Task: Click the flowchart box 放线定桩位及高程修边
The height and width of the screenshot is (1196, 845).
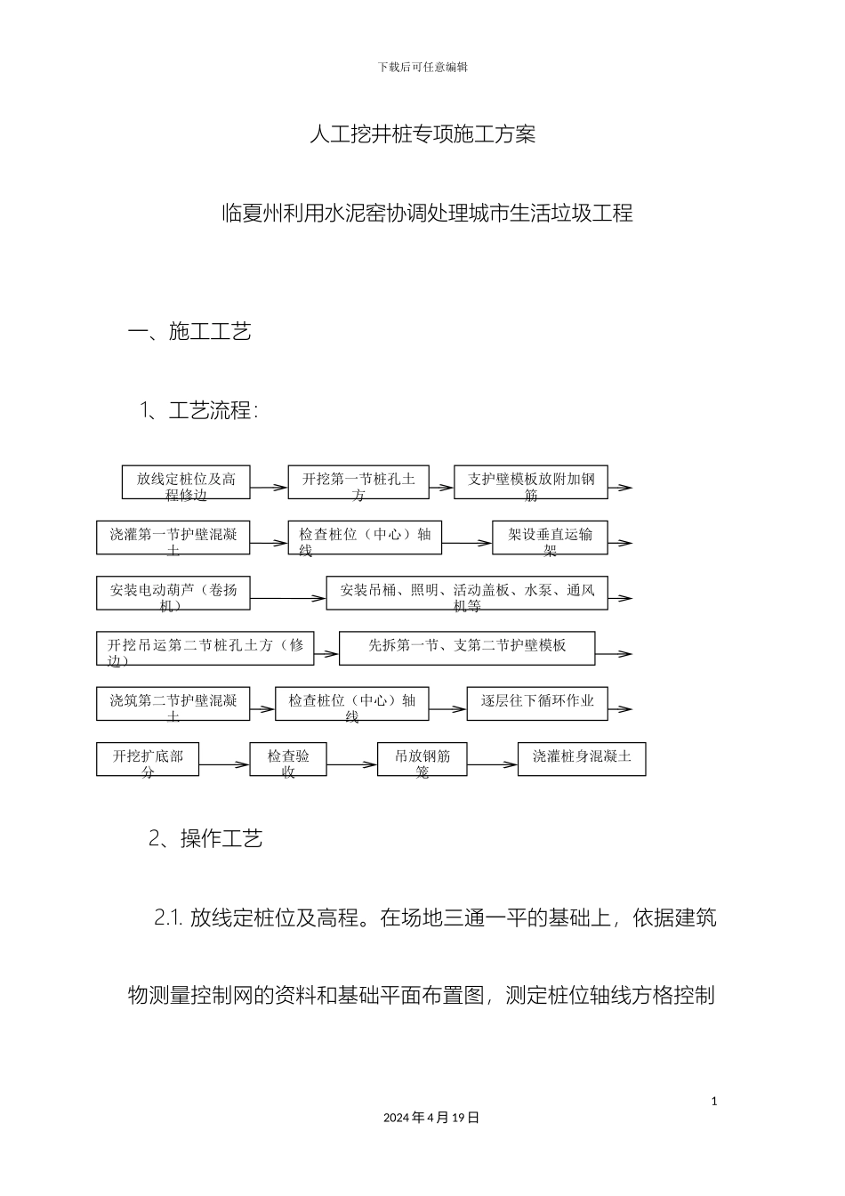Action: pos(186,482)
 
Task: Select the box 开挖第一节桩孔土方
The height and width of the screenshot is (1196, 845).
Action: pos(358,482)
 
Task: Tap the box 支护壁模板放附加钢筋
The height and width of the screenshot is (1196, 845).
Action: pos(531,482)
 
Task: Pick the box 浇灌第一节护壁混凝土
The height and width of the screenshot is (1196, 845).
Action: pos(173,537)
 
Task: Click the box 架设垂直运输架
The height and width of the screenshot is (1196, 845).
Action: pos(550,537)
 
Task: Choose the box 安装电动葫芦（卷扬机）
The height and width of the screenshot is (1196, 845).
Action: pos(173,593)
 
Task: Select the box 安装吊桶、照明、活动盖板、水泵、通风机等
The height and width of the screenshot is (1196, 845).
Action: pos(466,593)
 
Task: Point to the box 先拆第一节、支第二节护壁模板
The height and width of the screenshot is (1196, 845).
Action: pos(466,648)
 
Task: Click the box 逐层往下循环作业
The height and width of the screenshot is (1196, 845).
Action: pos(537,703)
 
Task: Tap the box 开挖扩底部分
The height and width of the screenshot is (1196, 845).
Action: pos(148,759)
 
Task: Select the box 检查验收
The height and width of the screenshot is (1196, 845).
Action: pos(288,759)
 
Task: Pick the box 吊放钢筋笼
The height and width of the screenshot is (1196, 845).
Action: pos(422,759)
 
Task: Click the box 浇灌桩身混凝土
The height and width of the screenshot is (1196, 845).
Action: pos(582,759)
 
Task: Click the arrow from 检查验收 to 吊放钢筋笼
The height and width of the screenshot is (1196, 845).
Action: pos(352,764)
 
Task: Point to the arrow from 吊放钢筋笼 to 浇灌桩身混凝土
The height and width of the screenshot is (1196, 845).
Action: pos(492,764)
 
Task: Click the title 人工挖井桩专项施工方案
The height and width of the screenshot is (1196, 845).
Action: pos(422,134)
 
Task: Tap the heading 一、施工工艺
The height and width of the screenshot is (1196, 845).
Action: pos(189,332)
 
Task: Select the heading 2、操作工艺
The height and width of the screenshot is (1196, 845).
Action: pos(205,839)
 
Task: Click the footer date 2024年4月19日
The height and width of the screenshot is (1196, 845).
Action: pos(431,1118)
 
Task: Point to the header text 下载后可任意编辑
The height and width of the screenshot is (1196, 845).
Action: pos(422,67)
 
